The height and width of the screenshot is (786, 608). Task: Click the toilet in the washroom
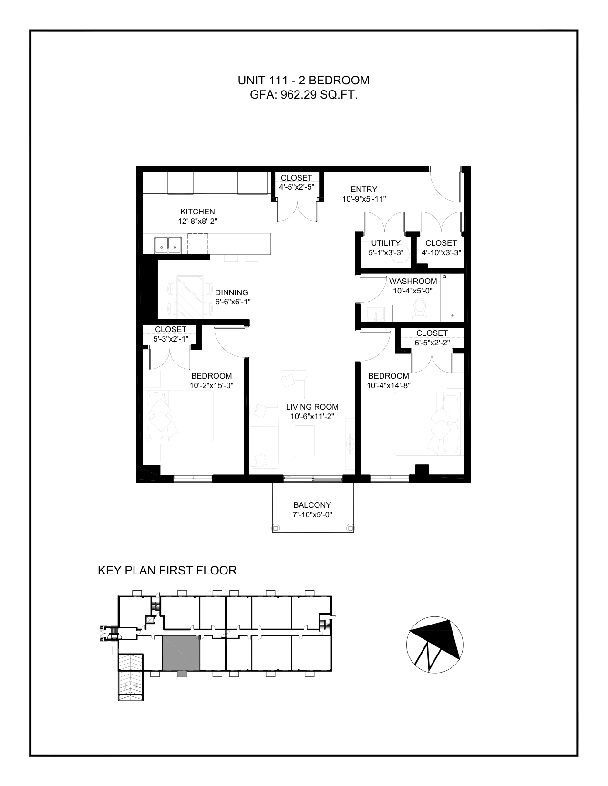click(x=421, y=309)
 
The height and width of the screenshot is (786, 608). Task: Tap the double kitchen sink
click(x=168, y=245)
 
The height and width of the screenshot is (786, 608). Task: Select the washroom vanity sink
click(x=375, y=313)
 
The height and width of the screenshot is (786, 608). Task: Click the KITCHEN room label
click(x=198, y=212)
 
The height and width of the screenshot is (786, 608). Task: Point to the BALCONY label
click(x=312, y=505)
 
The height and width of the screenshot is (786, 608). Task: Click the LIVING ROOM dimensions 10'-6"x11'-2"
click(x=312, y=416)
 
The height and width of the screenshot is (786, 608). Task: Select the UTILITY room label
click(x=386, y=243)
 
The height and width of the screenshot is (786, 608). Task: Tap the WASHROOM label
click(x=413, y=281)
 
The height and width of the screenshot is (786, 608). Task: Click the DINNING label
click(x=232, y=292)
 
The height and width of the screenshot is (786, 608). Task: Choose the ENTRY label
click(x=364, y=189)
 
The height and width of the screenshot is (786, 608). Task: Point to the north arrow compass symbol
click(x=434, y=645)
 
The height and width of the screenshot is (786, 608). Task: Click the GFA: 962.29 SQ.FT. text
click(x=304, y=95)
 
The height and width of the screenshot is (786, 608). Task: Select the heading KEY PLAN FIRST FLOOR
click(x=167, y=570)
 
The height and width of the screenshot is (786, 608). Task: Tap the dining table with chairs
click(x=190, y=295)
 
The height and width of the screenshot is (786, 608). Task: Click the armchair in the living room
click(x=294, y=384)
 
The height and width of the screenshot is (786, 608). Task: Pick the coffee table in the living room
click(x=305, y=441)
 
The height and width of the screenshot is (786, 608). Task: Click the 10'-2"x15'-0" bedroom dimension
click(x=211, y=385)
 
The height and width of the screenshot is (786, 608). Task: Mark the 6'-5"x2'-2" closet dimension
click(x=432, y=342)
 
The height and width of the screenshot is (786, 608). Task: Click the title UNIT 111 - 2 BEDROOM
click(x=304, y=81)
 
